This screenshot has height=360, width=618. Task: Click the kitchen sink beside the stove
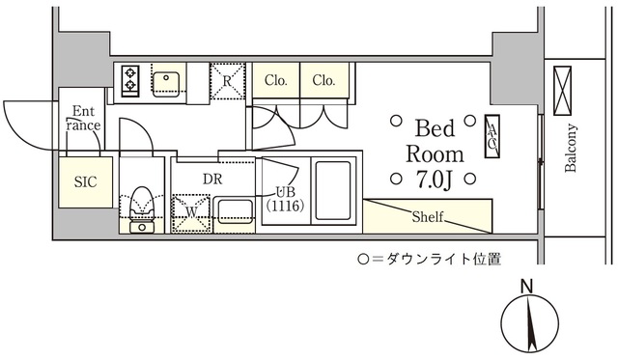tap(166, 81)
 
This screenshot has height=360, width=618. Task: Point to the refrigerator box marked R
tap(228, 81)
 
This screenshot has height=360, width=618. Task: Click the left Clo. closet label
tap(276, 81)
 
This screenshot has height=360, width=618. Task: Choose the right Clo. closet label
tap(323, 81)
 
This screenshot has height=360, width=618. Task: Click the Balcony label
tap(571, 149)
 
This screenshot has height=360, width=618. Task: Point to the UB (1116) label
tap(285, 199)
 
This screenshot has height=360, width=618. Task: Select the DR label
tap(214, 178)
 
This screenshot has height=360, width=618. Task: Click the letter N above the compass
tap(526, 287)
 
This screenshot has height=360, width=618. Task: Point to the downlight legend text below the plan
tap(429, 259)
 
